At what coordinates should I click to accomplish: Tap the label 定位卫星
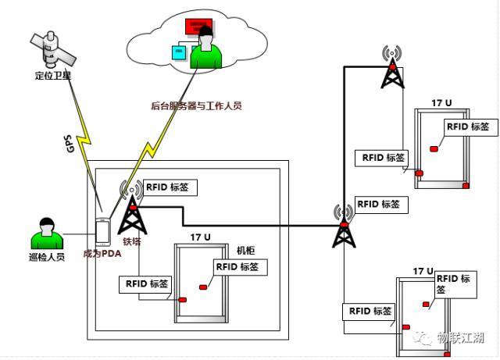pyautogui.click(x=54, y=77)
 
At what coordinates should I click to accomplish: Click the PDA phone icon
pyautogui.click(x=102, y=232)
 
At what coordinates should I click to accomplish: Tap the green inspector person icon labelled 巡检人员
pyautogui.click(x=46, y=231)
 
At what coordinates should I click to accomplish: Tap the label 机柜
pyautogui.click(x=246, y=251)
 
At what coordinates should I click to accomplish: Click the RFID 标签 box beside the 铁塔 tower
pyautogui.click(x=170, y=187)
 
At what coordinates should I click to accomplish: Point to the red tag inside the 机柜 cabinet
pyautogui.click(x=203, y=288)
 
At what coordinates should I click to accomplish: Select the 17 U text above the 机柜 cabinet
pyautogui.click(x=201, y=237)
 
